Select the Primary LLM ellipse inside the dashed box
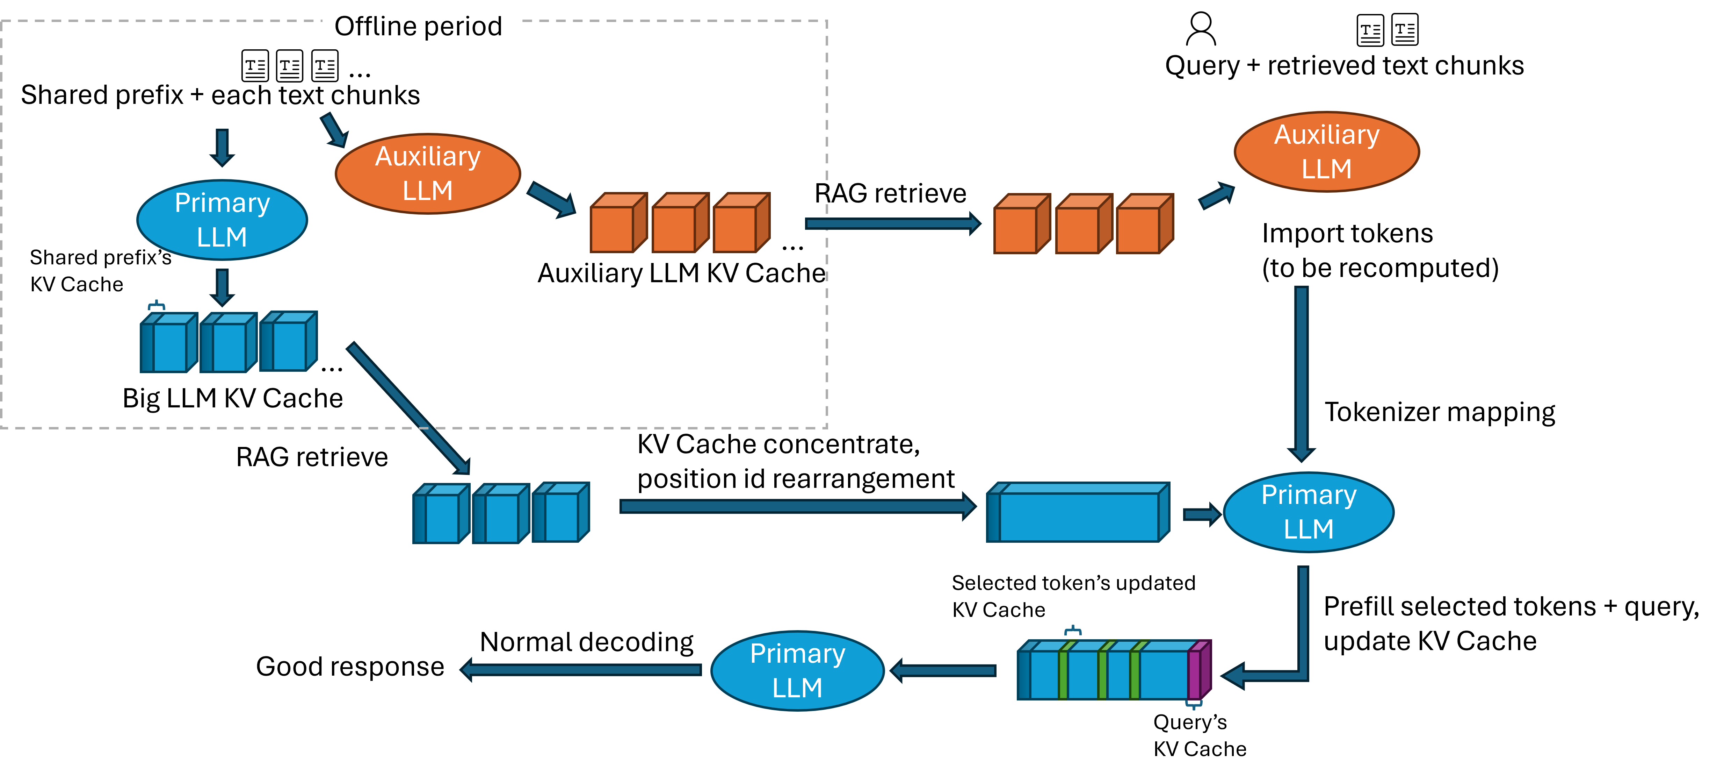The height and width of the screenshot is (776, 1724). (x=222, y=220)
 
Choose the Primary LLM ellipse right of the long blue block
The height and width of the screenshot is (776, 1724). (x=1309, y=512)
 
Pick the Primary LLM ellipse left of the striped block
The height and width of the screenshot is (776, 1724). (x=797, y=670)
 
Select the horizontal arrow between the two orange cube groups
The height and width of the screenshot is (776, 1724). (x=892, y=223)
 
